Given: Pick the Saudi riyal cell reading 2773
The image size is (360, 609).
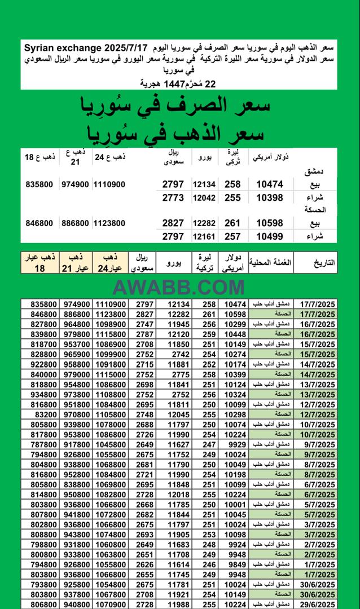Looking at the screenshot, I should [x=173, y=197].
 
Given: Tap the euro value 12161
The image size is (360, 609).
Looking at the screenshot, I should [x=204, y=237].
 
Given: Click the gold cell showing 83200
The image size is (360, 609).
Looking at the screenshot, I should [x=45, y=414].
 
